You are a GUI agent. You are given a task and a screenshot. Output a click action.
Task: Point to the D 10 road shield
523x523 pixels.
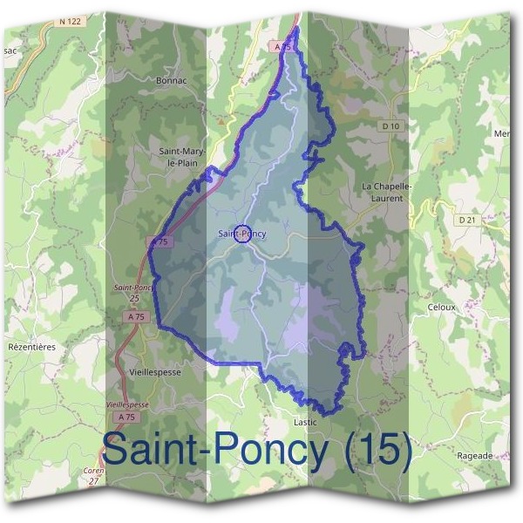[391, 126]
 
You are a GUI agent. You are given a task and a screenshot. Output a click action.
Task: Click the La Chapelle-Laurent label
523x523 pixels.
[382, 193]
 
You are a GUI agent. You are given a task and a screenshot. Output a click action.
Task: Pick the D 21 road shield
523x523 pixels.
[468, 220]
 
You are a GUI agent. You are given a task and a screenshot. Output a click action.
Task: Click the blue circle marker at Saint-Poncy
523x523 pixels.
[244, 233]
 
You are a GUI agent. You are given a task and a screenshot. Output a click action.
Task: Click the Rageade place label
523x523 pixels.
[474, 455]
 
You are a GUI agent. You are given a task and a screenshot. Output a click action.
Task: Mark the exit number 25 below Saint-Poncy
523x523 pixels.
[133, 298]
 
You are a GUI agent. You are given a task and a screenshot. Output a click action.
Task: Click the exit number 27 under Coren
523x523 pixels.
[93, 480]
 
